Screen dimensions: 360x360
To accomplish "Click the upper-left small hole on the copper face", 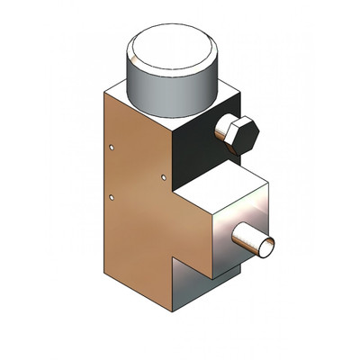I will (111, 144).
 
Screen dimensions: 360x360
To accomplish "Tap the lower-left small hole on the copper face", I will (111, 195).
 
